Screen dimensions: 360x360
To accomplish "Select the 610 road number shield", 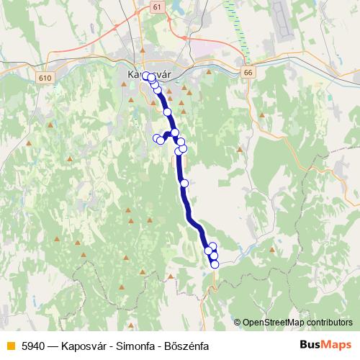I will pos(47,77).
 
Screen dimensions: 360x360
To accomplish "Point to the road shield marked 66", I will pos(248,73).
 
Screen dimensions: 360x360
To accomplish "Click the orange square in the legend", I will pos(11,344).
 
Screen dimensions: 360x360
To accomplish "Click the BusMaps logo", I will pos(326,343).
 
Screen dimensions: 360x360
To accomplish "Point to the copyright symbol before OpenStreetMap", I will pos(238,323).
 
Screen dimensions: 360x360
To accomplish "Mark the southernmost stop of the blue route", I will pos(215,264).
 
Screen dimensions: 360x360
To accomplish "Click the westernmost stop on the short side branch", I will pos(156,138).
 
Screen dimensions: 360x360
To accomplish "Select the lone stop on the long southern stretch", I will pos(184,183).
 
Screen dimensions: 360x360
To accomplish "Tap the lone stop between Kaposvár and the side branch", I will pos(168,112).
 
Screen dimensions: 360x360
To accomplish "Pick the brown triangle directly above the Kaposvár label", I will pos(143,51).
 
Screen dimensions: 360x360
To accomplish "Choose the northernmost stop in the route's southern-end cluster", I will pos(212,246).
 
